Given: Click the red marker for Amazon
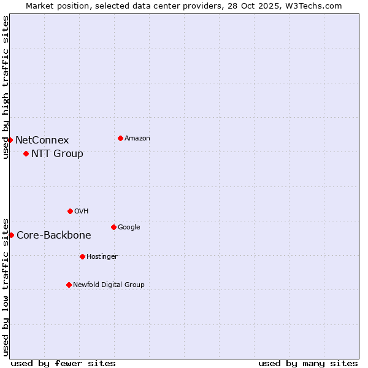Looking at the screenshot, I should [120, 138].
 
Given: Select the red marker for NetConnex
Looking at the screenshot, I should [10, 140].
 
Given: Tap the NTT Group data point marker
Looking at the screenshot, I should [26, 153].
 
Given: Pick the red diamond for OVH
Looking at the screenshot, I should [70, 211].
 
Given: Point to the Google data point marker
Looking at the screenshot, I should [113, 227].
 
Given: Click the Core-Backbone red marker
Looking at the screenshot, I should [11, 235].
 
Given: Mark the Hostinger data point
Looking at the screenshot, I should [82, 256].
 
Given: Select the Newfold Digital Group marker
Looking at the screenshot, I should [69, 285].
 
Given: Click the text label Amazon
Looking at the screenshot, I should [137, 139].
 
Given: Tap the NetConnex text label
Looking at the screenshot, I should [42, 140].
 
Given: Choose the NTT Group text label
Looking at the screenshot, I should [57, 154].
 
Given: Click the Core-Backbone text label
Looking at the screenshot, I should [53, 236].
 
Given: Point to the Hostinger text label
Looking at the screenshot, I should [102, 257].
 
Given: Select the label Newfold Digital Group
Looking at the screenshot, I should [109, 285].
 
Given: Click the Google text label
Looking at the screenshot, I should [129, 228].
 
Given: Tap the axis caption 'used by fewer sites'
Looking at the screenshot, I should [63, 363].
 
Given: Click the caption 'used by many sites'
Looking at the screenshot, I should [308, 363].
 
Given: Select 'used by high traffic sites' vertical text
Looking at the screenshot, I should [6, 87].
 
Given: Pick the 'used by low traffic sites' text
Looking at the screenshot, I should [6, 286].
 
